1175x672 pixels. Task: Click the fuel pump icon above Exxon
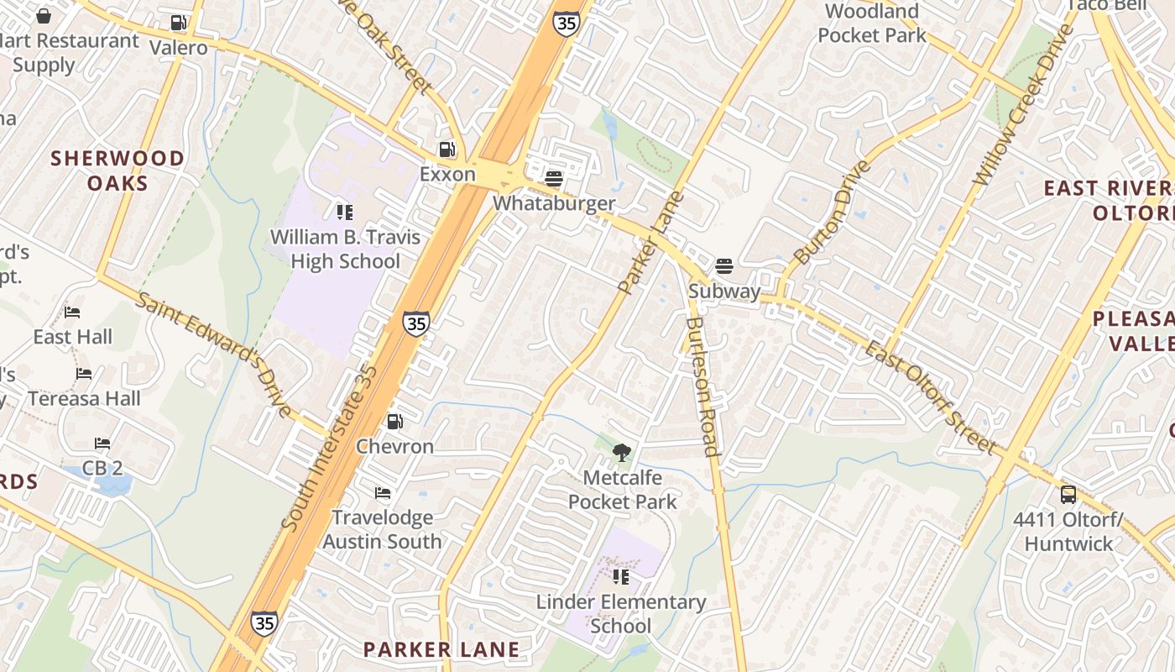point(447,150)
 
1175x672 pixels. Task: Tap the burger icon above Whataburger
point(553,178)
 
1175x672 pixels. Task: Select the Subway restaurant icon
point(724,266)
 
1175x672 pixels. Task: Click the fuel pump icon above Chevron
point(394,421)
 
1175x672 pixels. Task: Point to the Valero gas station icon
point(178,23)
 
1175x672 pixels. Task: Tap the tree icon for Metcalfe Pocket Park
point(622,454)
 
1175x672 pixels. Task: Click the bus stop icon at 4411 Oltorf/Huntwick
point(1068,495)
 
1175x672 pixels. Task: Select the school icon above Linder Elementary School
point(621,577)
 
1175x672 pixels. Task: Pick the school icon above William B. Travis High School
point(345,212)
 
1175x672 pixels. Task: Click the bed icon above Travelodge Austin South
point(383,492)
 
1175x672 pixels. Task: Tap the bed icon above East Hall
point(72,312)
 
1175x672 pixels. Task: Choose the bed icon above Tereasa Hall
point(84,374)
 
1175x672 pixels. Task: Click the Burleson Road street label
point(702,386)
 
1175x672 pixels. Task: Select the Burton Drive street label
point(833,212)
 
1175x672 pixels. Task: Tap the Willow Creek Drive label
point(1023,106)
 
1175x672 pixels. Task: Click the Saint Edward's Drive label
point(215,354)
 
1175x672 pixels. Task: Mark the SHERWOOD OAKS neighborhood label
point(117,171)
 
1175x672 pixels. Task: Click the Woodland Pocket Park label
point(872,24)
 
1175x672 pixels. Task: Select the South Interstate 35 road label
point(329,449)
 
